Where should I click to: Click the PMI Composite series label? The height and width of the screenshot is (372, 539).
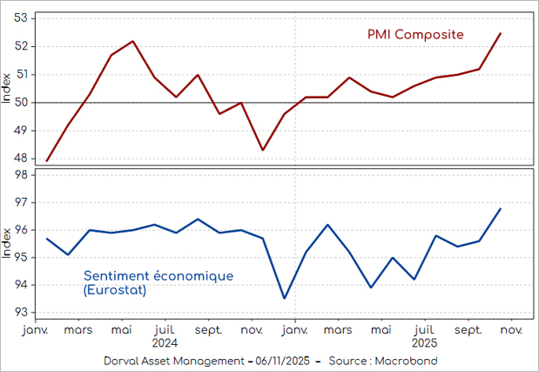point(414,34)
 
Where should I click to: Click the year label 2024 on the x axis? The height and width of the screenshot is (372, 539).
point(165,343)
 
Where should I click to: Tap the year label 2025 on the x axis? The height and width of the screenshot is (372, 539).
point(424,343)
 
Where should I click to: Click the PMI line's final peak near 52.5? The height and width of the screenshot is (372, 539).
point(501,33)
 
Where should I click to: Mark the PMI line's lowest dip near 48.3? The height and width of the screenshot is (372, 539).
point(263,150)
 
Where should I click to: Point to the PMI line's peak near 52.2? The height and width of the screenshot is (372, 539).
point(132,41)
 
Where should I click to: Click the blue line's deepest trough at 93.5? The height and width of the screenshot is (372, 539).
point(285,299)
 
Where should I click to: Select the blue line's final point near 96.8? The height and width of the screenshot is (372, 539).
point(501,208)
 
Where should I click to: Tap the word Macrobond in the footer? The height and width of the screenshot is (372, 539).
point(408,361)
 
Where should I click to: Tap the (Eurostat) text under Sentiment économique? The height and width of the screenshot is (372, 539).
point(115,289)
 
